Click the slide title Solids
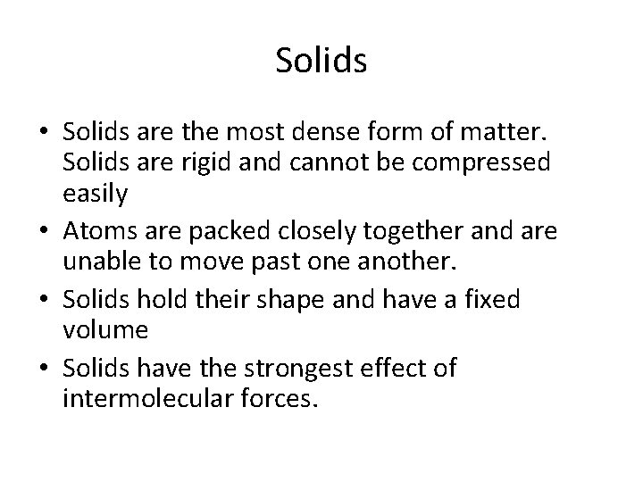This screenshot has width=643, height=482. pos(321,62)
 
